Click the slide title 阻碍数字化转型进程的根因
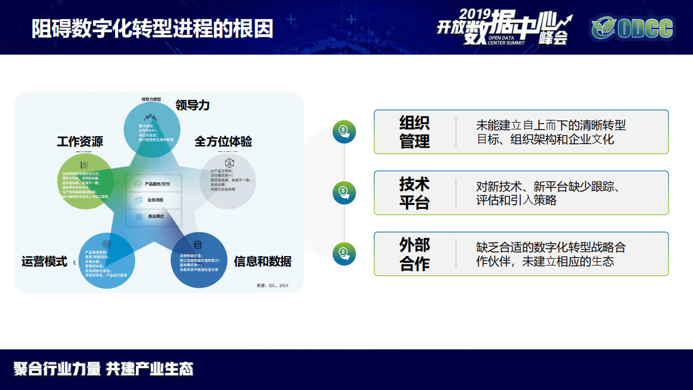click(x=152, y=28)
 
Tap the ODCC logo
click(x=632, y=28)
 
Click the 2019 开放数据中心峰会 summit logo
click(x=504, y=27)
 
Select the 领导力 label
click(x=192, y=105)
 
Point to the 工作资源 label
click(x=80, y=142)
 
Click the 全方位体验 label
click(x=223, y=142)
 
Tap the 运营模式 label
click(x=44, y=261)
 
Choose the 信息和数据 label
click(x=263, y=261)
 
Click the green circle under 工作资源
click(x=87, y=182)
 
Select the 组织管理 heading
click(x=414, y=132)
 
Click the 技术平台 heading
click(x=414, y=193)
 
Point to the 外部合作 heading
click(x=414, y=254)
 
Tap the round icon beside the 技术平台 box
click(x=344, y=192)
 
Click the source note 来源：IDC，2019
click(x=273, y=285)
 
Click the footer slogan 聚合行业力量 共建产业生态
click(x=103, y=369)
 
